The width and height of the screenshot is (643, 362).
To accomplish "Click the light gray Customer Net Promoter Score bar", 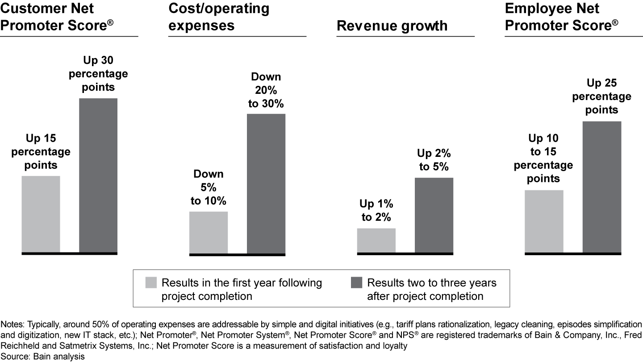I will tap(41, 214).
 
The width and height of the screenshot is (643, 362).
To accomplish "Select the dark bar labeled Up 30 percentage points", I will tap(98, 175).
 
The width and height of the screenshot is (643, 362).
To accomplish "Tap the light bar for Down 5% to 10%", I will tap(209, 232).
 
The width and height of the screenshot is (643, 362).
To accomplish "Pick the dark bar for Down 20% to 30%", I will tap(266, 184).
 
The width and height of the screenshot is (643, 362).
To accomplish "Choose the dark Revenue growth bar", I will tap(434, 215).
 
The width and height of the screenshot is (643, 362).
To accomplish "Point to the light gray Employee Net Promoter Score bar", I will tap(544, 221).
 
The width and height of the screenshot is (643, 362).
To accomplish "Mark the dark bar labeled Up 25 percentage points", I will tap(602, 187).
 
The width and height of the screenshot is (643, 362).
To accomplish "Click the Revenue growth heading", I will tap(392, 25).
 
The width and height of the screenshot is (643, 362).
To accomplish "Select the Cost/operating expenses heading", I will tap(219, 17).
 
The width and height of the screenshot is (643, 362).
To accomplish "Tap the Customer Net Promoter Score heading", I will tap(56, 17).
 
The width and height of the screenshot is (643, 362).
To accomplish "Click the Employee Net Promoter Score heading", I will tap(561, 17).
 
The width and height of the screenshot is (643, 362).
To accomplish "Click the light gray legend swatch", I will tap(151, 283).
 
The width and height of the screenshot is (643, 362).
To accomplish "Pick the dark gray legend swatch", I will tap(357, 283).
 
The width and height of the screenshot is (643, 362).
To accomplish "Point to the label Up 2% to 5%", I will tap(434, 160).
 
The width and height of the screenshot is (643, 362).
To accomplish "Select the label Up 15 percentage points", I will tap(41, 152).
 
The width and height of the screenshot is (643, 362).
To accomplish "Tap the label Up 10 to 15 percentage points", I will tap(543, 158).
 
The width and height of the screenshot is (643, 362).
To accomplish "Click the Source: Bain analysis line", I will tap(42, 356).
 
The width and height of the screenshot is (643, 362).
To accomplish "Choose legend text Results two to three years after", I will tap(431, 289).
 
